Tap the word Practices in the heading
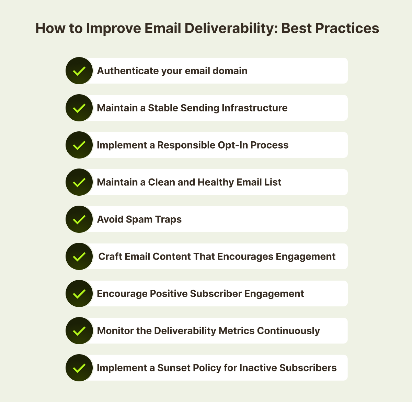click(x=347, y=28)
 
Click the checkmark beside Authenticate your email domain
click(x=79, y=71)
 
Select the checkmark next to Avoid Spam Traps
click(x=79, y=219)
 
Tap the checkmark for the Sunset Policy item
click(x=79, y=368)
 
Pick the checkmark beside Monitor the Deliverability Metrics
click(x=79, y=331)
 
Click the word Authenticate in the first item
click(x=128, y=70)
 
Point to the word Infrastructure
click(x=254, y=108)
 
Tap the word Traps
click(x=168, y=219)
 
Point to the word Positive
click(x=169, y=294)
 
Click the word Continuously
click(x=288, y=331)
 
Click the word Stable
click(x=163, y=108)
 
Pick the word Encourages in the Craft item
click(x=245, y=257)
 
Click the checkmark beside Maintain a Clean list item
click(x=79, y=182)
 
